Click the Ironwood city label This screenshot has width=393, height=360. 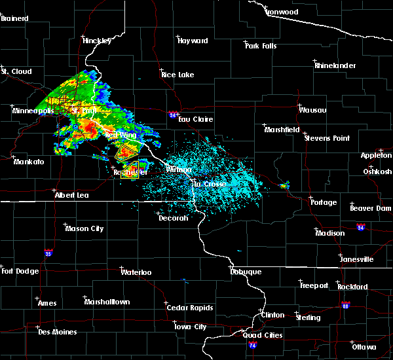tap(282, 12)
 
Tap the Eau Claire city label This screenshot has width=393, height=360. tap(195, 119)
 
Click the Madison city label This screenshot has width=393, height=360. tap(329, 233)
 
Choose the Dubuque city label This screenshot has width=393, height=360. tap(246, 272)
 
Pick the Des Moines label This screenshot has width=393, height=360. tap(57, 332)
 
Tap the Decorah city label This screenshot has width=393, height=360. tap(173, 218)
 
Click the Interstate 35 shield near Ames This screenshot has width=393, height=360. tap(48, 252)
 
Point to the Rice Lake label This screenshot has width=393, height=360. tap(178, 75)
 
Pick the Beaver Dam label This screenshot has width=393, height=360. tap(370, 207)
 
